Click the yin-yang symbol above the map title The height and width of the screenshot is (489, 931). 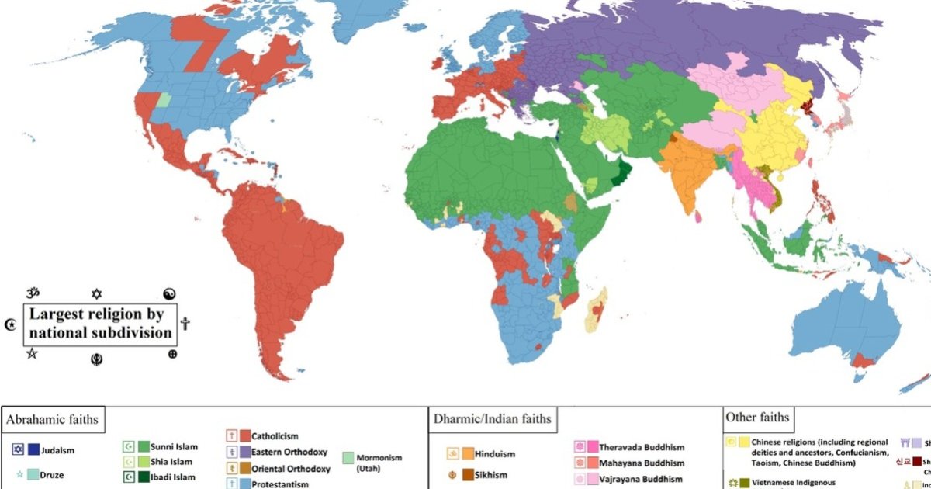[170, 293]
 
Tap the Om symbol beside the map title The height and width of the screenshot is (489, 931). [32, 293]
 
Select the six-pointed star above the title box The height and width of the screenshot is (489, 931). [96, 293]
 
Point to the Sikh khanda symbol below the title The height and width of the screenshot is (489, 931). [96, 359]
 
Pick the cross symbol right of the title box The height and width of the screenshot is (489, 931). [185, 324]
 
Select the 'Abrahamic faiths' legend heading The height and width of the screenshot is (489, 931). [53, 421]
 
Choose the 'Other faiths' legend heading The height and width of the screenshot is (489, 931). [756, 418]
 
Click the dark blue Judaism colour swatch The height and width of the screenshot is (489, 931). [34, 449]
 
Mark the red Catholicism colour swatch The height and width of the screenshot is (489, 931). [244, 436]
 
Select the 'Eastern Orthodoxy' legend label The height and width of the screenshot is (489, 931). [289, 452]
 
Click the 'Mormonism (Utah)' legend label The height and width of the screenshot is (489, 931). [379, 463]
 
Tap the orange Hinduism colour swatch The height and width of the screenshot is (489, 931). [468, 453]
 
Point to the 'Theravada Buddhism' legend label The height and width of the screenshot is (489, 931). [640, 447]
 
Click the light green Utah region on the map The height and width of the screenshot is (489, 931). [163, 100]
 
